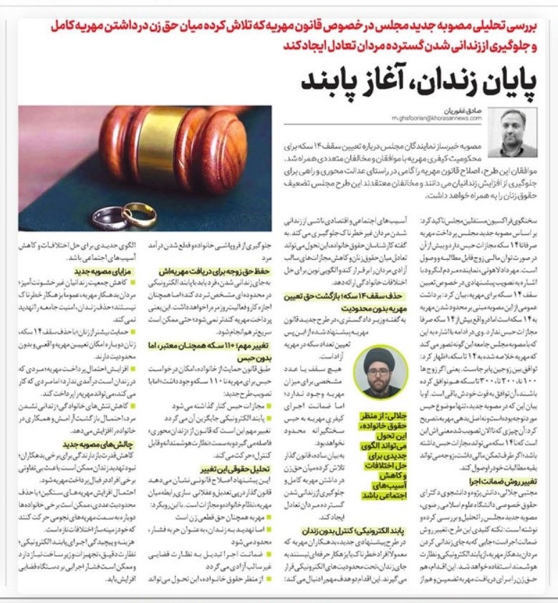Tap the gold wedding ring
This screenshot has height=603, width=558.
(x=139, y=213)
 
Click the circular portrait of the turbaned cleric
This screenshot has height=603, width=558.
(x=380, y=372)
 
